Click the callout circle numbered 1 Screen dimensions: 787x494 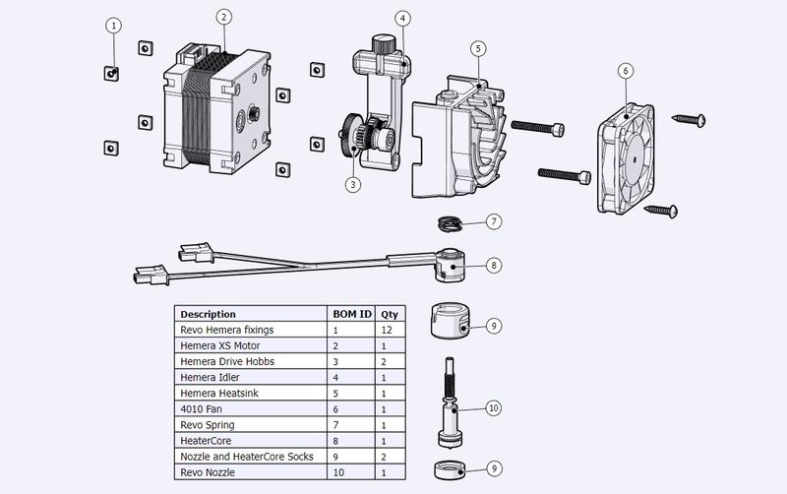tap(114, 26)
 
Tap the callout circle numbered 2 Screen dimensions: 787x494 tap(224, 17)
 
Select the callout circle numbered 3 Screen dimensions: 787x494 tap(353, 185)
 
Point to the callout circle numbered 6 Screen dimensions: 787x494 tap(626, 71)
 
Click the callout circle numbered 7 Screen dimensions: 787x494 tap(494, 221)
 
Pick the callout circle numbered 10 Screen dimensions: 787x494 tap(494, 408)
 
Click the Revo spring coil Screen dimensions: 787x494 tap(451, 224)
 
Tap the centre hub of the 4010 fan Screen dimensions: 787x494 tap(635, 159)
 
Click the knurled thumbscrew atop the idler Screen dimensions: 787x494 tap(385, 43)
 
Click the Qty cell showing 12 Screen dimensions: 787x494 tap(391, 330)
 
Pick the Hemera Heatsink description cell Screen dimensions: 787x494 tap(251, 393)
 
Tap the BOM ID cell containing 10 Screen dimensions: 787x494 tap(351, 472)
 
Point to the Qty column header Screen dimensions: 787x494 tap(391, 314)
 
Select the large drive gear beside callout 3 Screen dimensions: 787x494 tap(349, 135)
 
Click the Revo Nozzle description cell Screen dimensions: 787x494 tap(251, 472)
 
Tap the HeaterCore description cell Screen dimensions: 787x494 tap(251, 441)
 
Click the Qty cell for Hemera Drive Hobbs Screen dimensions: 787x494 tap(391, 361)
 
